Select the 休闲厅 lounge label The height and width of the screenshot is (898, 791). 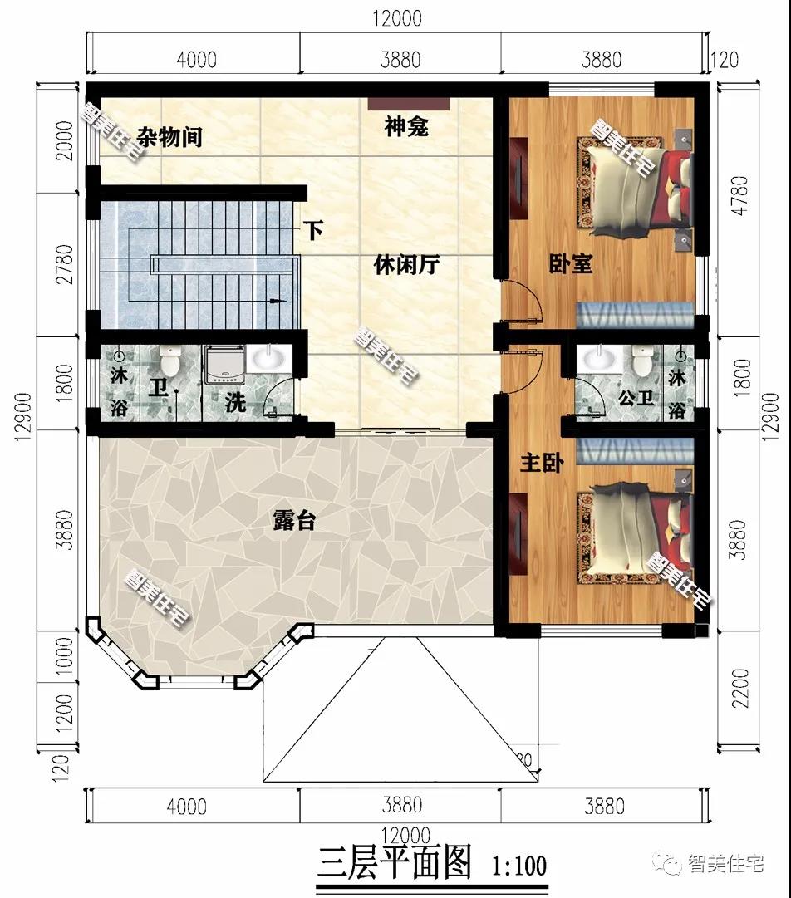405,266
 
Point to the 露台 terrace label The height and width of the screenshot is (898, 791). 294,521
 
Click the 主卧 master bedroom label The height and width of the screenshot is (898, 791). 541,463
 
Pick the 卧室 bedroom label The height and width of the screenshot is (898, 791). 571,265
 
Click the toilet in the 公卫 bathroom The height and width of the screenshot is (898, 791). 642,361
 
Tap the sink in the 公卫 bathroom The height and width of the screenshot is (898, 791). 597,360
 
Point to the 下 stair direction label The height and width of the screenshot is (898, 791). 312,230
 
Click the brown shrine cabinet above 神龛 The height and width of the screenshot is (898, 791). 409,105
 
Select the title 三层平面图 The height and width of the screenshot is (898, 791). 394,863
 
